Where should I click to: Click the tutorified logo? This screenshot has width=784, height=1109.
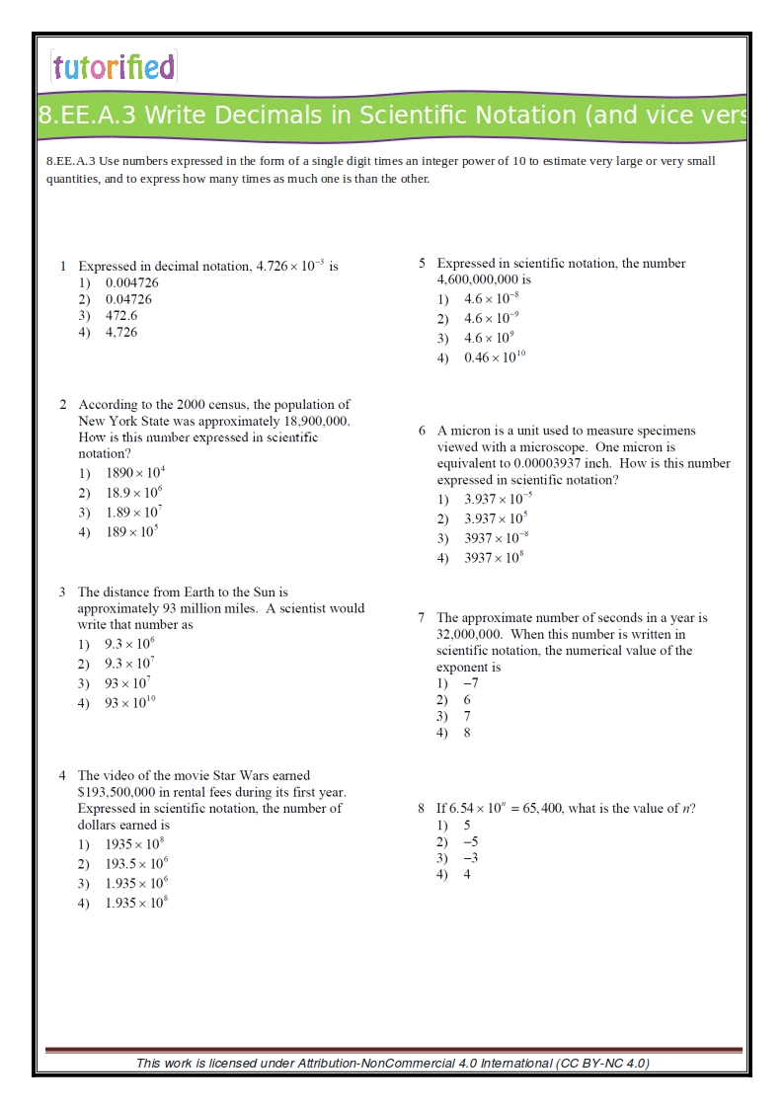pyautogui.click(x=114, y=66)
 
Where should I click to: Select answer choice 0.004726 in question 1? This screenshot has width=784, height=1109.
pyautogui.click(x=132, y=282)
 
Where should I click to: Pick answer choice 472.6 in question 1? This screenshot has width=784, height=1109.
pyautogui.click(x=121, y=316)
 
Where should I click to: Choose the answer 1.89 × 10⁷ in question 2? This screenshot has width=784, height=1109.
pyautogui.click(x=134, y=513)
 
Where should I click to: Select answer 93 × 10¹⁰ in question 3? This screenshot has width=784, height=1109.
pyautogui.click(x=129, y=703)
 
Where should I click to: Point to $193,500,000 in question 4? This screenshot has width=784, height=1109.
pyautogui.click(x=126, y=792)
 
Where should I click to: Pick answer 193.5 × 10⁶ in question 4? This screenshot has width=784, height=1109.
pyautogui.click(x=136, y=864)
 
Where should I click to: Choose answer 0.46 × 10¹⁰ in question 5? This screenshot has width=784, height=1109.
pyautogui.click(x=495, y=358)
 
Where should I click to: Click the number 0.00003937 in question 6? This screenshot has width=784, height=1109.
pyautogui.click(x=546, y=463)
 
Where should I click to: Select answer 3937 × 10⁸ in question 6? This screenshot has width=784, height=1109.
pyautogui.click(x=494, y=558)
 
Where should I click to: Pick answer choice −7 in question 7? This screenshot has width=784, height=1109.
pyautogui.click(x=471, y=683)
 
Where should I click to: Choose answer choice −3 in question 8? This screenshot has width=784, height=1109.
pyautogui.click(x=471, y=858)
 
